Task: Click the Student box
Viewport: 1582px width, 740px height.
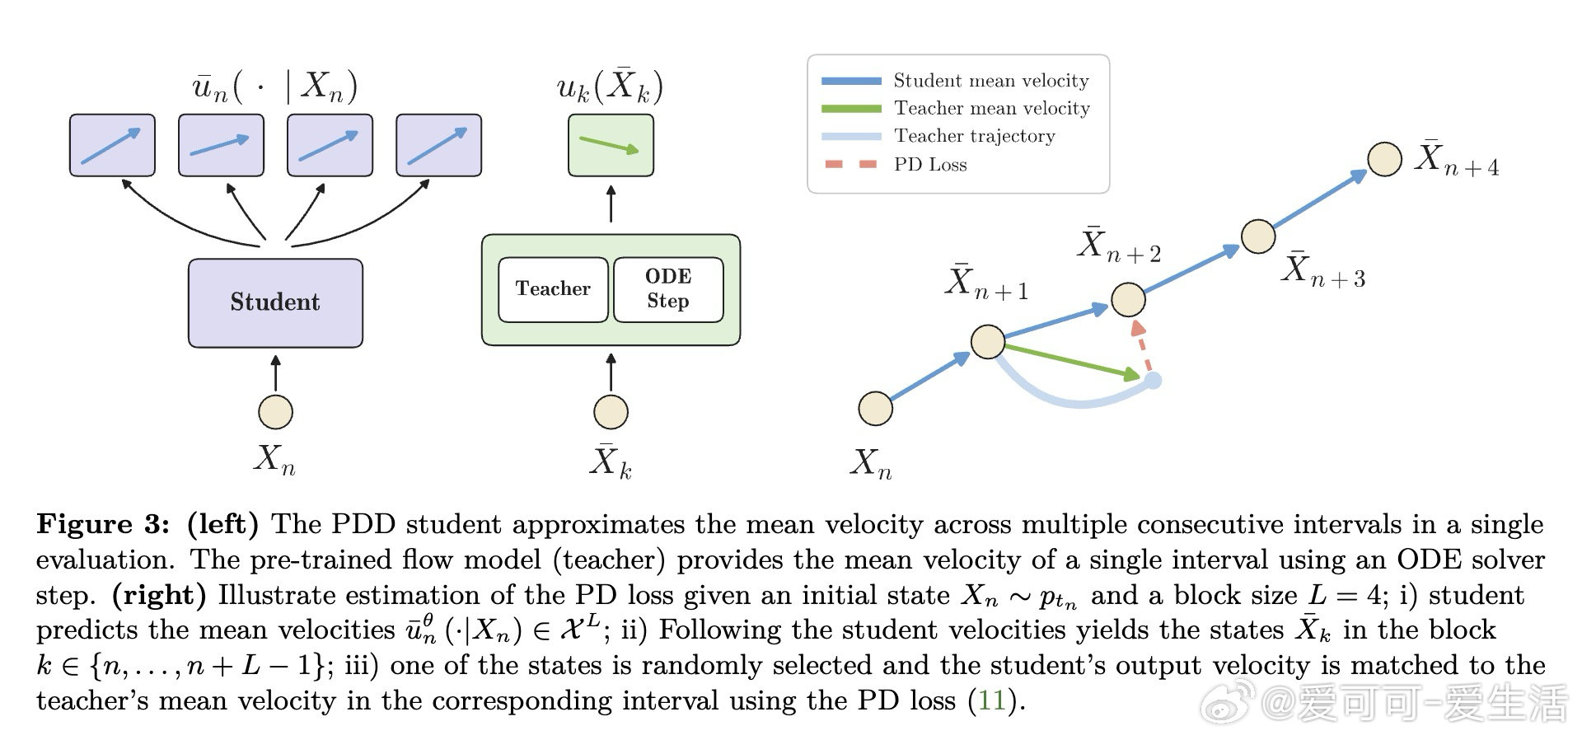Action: [x=275, y=302]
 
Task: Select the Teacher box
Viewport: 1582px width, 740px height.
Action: [x=553, y=289]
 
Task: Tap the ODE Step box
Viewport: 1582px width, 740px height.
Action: [x=668, y=289]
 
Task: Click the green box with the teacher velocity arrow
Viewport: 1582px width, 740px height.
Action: [x=611, y=145]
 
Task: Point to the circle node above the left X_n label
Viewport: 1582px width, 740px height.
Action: [x=275, y=412]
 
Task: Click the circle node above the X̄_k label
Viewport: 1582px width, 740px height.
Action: [x=611, y=412]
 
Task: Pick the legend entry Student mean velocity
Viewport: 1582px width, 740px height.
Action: [x=956, y=81]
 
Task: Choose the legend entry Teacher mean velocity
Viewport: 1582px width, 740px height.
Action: [x=956, y=109]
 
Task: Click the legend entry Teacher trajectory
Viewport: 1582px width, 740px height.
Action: [x=939, y=136]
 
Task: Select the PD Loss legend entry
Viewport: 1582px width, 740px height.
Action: [x=895, y=164]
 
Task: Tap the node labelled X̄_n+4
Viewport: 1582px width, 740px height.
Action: [x=1384, y=159]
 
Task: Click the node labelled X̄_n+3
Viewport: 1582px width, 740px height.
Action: [x=1258, y=237]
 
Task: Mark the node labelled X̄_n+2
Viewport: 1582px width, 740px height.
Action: [x=1128, y=299]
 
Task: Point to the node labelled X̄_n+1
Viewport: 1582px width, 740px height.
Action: [x=988, y=341]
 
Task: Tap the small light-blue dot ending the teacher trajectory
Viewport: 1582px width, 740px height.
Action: [x=1154, y=380]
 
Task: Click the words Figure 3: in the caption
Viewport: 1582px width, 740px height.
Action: [x=104, y=525]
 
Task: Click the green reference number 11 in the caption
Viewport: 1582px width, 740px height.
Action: [x=991, y=700]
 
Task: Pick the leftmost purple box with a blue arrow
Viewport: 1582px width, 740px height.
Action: [x=112, y=145]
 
